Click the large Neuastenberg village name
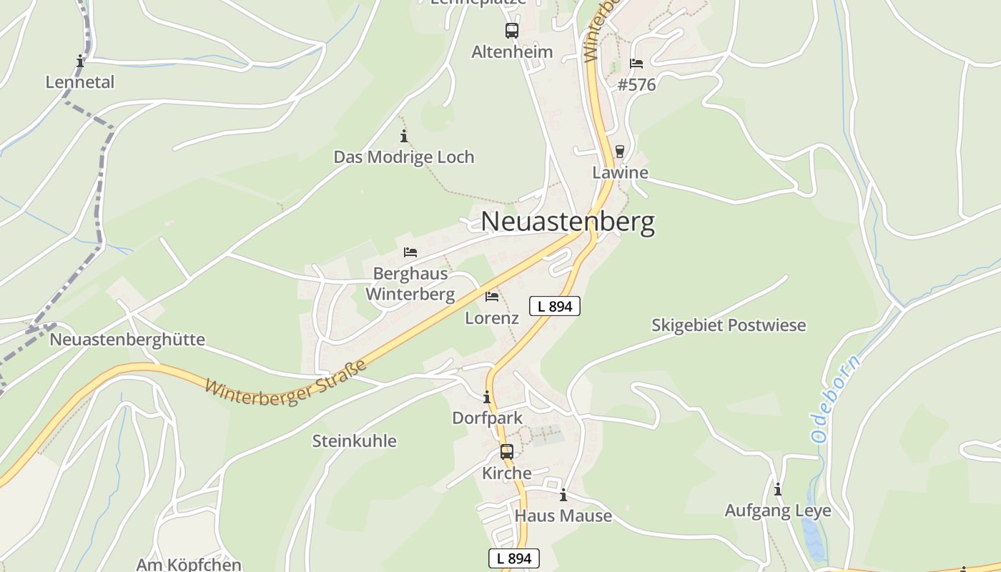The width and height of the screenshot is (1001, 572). [x=567, y=222]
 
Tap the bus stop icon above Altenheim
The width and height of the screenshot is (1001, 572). [x=512, y=31]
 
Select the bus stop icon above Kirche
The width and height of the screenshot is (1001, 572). [x=507, y=452]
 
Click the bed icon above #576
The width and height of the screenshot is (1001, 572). [x=636, y=64]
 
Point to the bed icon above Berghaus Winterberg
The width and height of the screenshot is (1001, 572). [x=410, y=252]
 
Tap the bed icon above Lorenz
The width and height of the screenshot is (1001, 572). [x=492, y=297]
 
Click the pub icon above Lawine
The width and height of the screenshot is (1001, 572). [x=620, y=152]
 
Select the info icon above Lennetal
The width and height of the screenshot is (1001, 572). [x=80, y=61]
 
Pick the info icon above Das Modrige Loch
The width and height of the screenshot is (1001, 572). [x=404, y=136]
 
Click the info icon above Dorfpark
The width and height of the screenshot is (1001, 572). [x=487, y=397]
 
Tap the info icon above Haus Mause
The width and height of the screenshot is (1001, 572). [x=563, y=495]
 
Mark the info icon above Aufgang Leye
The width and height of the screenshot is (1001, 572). [x=778, y=490]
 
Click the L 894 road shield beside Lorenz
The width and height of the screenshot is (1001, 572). [x=554, y=306]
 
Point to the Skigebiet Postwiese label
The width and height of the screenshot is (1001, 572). [x=728, y=325]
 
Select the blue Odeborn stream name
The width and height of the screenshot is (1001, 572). [x=837, y=398]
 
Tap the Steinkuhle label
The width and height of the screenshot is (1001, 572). [x=354, y=441]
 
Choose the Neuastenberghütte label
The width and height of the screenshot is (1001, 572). [x=127, y=340]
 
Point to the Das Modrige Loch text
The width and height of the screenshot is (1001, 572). [x=404, y=157]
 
